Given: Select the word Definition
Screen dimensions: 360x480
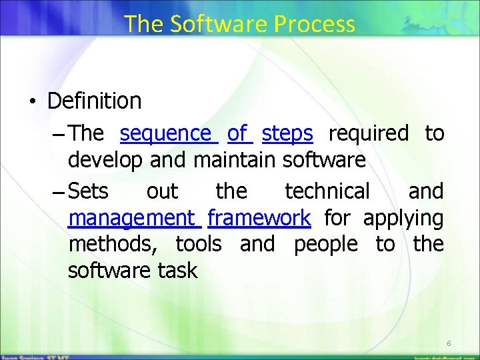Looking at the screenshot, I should click(95, 101).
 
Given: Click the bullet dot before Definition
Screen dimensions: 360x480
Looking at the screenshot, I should click(31, 102).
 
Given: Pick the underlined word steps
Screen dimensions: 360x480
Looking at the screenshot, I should click(287, 134).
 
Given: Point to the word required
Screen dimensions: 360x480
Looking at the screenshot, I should click(369, 134).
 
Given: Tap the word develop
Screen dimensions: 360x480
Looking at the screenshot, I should click(107, 161).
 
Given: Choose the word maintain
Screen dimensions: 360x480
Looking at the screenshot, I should click(235, 161).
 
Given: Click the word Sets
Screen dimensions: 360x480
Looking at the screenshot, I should click(88, 191).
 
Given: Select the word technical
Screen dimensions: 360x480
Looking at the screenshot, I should click(327, 191).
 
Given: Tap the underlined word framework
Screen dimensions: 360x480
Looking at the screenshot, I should click(259, 218).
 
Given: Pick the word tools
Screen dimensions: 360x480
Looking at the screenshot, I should click(199, 244).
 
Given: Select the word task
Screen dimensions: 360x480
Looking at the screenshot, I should click(178, 271).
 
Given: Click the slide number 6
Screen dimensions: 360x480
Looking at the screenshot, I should click(449, 343).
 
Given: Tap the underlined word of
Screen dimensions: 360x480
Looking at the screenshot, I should click(238, 134).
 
